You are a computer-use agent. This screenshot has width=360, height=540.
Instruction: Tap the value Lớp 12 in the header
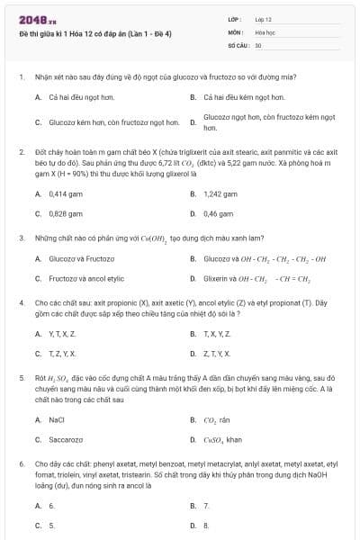pos(264,19)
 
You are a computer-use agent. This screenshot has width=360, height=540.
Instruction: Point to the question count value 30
pos(258,44)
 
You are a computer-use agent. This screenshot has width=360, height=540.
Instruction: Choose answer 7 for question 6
pos(206,506)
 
